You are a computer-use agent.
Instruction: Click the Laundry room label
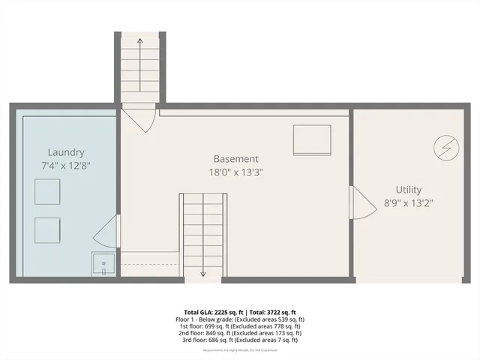tap(66, 151)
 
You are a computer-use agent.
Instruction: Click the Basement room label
tap(236, 159)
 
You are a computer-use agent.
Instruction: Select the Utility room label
tap(409, 190)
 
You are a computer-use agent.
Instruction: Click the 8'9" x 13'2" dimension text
tap(409, 202)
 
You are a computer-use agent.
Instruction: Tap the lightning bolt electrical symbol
tap(445, 148)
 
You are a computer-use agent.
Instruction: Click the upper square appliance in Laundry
tap(47, 193)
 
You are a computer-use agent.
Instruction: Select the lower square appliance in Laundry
tap(47, 229)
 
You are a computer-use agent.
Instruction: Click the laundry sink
tap(103, 265)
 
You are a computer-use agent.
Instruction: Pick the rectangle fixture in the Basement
tap(311, 139)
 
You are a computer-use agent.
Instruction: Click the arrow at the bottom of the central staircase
tap(203, 273)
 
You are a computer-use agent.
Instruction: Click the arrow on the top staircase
tap(140, 45)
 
